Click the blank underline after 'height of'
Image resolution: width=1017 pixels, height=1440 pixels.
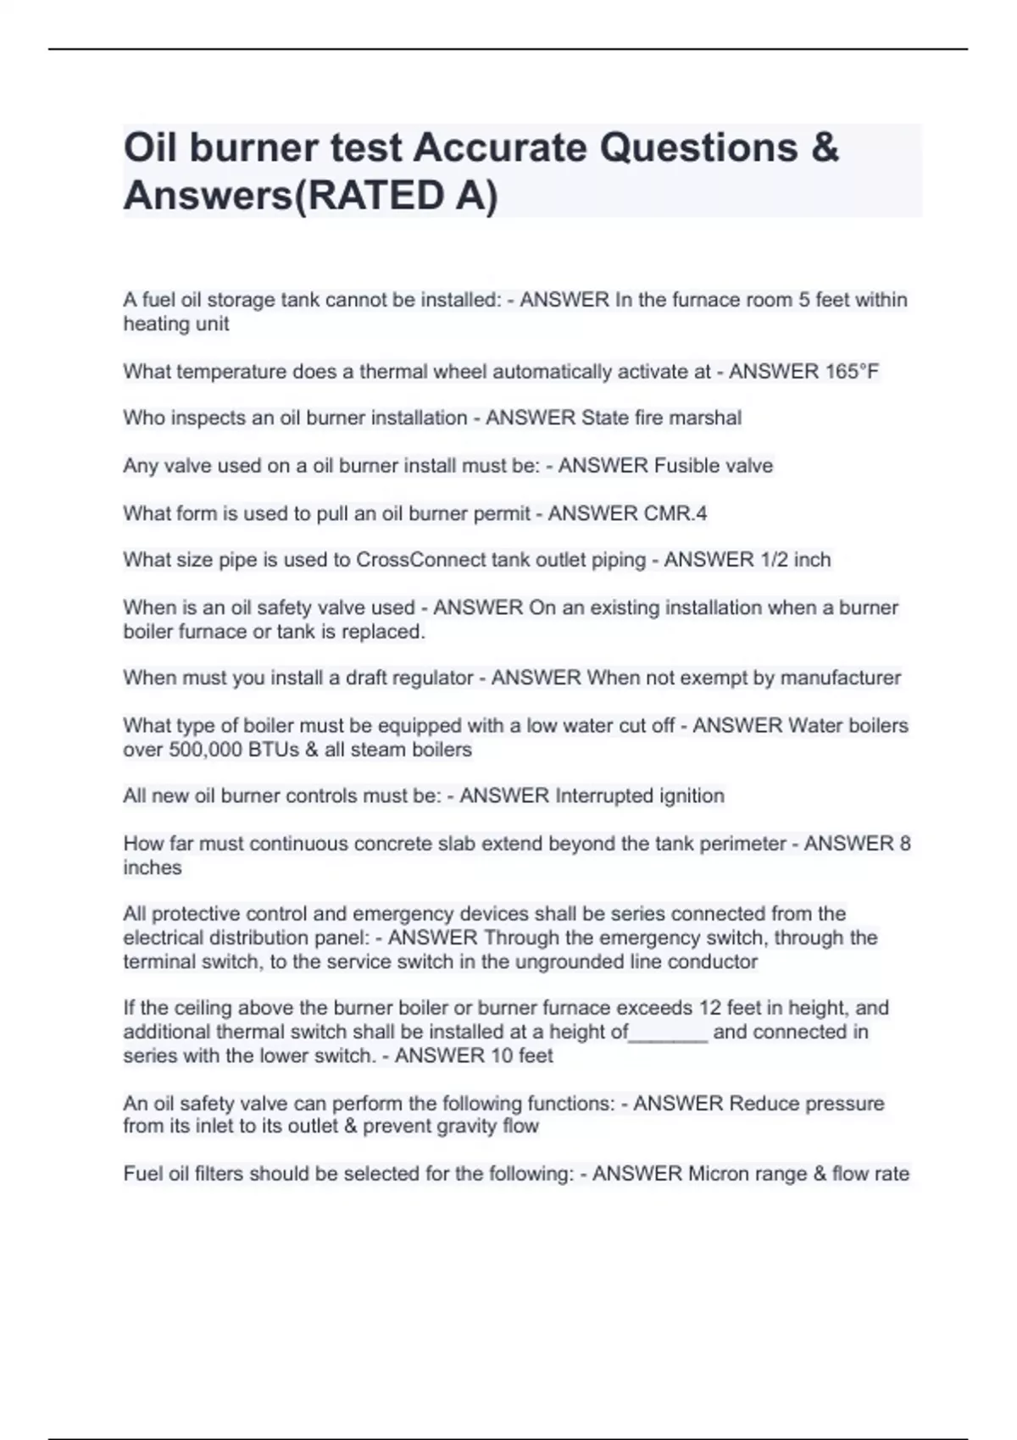(668, 1033)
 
